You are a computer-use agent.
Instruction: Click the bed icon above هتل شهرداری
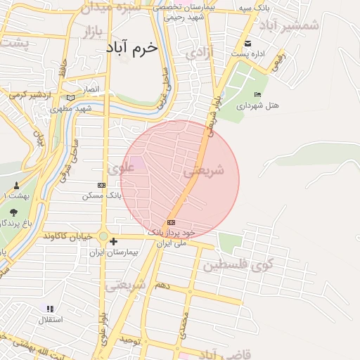coord(257,95)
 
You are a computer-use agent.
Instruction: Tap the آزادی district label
coord(200,53)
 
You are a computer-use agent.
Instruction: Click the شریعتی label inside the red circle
coord(203,171)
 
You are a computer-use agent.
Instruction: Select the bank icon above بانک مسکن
coord(101,185)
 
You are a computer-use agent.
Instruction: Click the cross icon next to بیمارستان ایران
coord(113,242)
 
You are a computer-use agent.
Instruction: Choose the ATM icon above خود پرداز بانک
coord(172,222)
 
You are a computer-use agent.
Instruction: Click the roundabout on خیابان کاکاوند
coord(103,237)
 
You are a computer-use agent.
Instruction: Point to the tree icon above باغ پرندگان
coord(13,212)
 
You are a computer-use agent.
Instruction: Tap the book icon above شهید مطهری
coord(70,98)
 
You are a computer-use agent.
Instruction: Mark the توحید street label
coord(131,341)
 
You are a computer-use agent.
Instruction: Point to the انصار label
coord(93,90)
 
